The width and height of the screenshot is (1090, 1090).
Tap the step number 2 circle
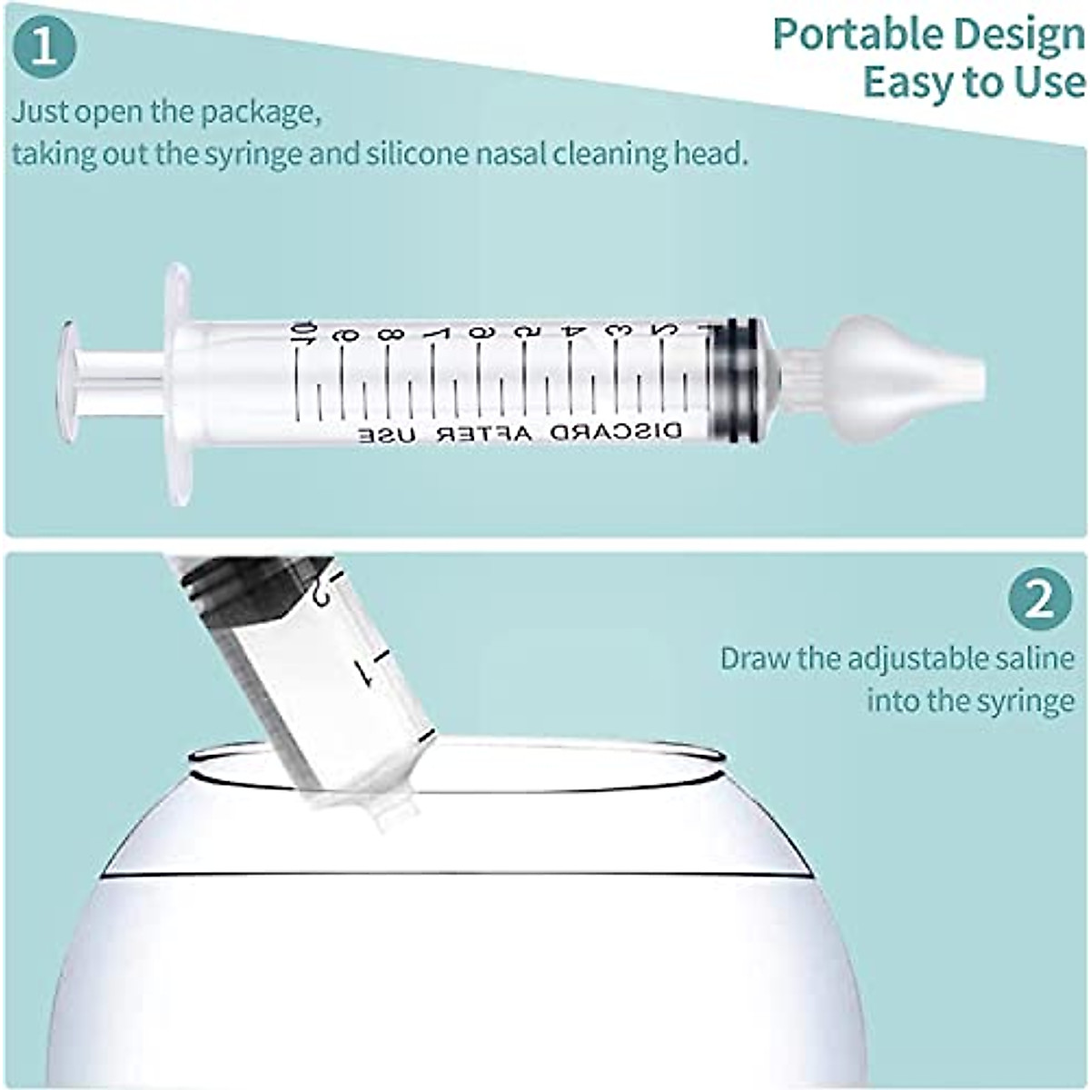click(1040, 599)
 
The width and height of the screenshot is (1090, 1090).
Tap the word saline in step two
click(1027, 658)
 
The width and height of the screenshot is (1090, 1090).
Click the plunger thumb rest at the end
click(68, 370)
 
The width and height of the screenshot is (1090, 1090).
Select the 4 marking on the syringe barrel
click(573, 333)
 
